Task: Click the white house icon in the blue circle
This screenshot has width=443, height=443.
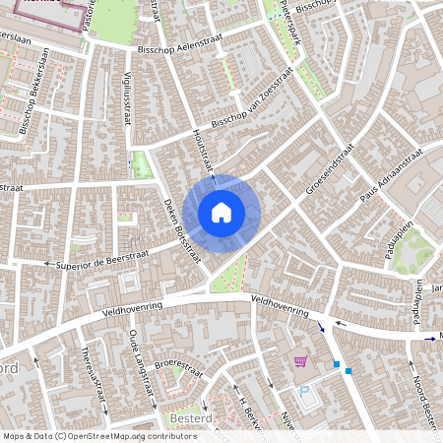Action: pyautogui.click(x=221, y=213)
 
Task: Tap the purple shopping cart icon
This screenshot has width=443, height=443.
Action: pyautogui.click(x=299, y=362)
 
